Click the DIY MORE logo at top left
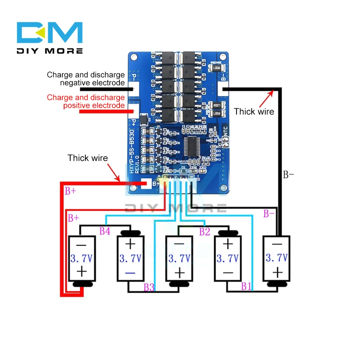(x=50, y=38)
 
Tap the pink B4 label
(x=105, y=231)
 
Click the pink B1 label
(x=246, y=287)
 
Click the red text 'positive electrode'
(x=94, y=105)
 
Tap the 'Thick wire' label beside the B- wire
(x=254, y=112)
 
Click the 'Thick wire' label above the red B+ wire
(x=87, y=158)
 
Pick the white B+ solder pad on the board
(x=147, y=184)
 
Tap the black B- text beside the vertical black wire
(x=288, y=175)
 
